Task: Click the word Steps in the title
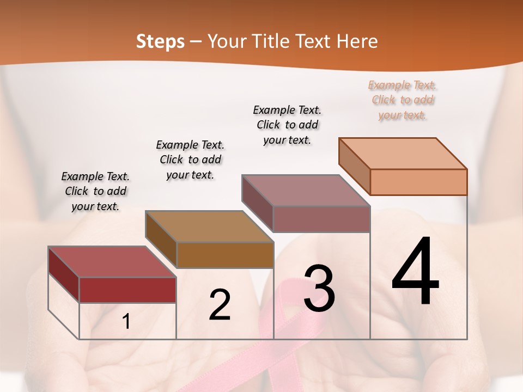[x=160, y=41]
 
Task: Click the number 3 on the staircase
[x=319, y=289]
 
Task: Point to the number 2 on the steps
[x=220, y=305]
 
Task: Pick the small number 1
[x=126, y=322]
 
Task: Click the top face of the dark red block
[x=112, y=262]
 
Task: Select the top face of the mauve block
[x=306, y=191]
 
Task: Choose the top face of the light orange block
[x=403, y=154]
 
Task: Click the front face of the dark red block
[x=127, y=290]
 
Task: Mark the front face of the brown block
[x=225, y=255]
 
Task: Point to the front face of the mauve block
[x=321, y=219]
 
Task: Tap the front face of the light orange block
[x=418, y=182]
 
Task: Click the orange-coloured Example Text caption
[x=403, y=100]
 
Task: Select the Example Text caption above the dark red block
[x=95, y=191]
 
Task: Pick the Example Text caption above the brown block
[x=190, y=160]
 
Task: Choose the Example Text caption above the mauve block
[x=287, y=125]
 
